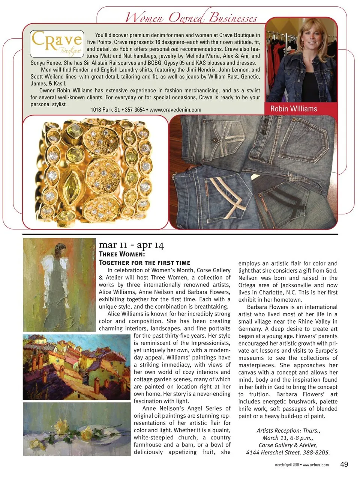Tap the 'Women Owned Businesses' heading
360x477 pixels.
(x=191, y=17)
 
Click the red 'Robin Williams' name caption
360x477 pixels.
(x=294, y=109)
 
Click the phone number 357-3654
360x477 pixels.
(x=135, y=110)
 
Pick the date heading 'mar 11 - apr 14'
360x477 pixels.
(x=131, y=245)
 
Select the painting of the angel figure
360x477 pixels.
(x=59, y=284)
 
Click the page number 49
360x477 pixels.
(x=344, y=464)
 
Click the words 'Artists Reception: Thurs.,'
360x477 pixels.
(x=288, y=431)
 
